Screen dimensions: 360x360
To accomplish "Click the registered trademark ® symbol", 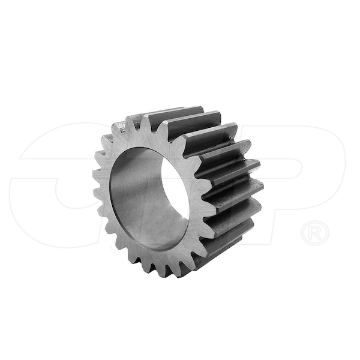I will point(315,232).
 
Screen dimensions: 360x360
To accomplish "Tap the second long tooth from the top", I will point(192,123).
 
